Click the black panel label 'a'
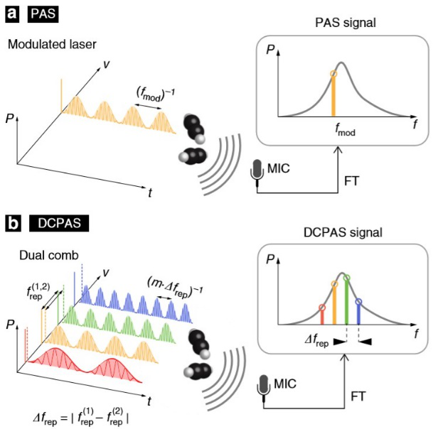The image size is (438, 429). point(12,14)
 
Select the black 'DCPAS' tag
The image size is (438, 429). point(59,223)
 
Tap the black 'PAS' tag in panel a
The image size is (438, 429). point(43,14)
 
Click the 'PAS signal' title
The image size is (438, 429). point(346,23)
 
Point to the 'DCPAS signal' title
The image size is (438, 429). point(343,232)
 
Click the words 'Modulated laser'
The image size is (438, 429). point(52,44)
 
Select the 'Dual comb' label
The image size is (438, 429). point(49,256)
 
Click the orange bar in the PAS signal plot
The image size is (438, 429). point(333,96)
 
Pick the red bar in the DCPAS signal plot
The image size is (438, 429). point(322,317)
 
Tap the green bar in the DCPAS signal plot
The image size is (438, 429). point(346,303)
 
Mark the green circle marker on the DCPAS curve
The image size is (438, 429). point(346,278)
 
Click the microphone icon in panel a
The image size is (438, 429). point(257,173)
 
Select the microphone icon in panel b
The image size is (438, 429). point(263,388)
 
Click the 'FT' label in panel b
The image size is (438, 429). point(358,396)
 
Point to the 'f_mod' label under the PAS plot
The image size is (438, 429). point(346,129)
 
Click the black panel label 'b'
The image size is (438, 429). point(13,223)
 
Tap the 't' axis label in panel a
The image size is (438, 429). point(150,192)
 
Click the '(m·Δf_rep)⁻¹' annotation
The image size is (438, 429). point(175,288)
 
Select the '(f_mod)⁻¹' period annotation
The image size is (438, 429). point(155,94)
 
